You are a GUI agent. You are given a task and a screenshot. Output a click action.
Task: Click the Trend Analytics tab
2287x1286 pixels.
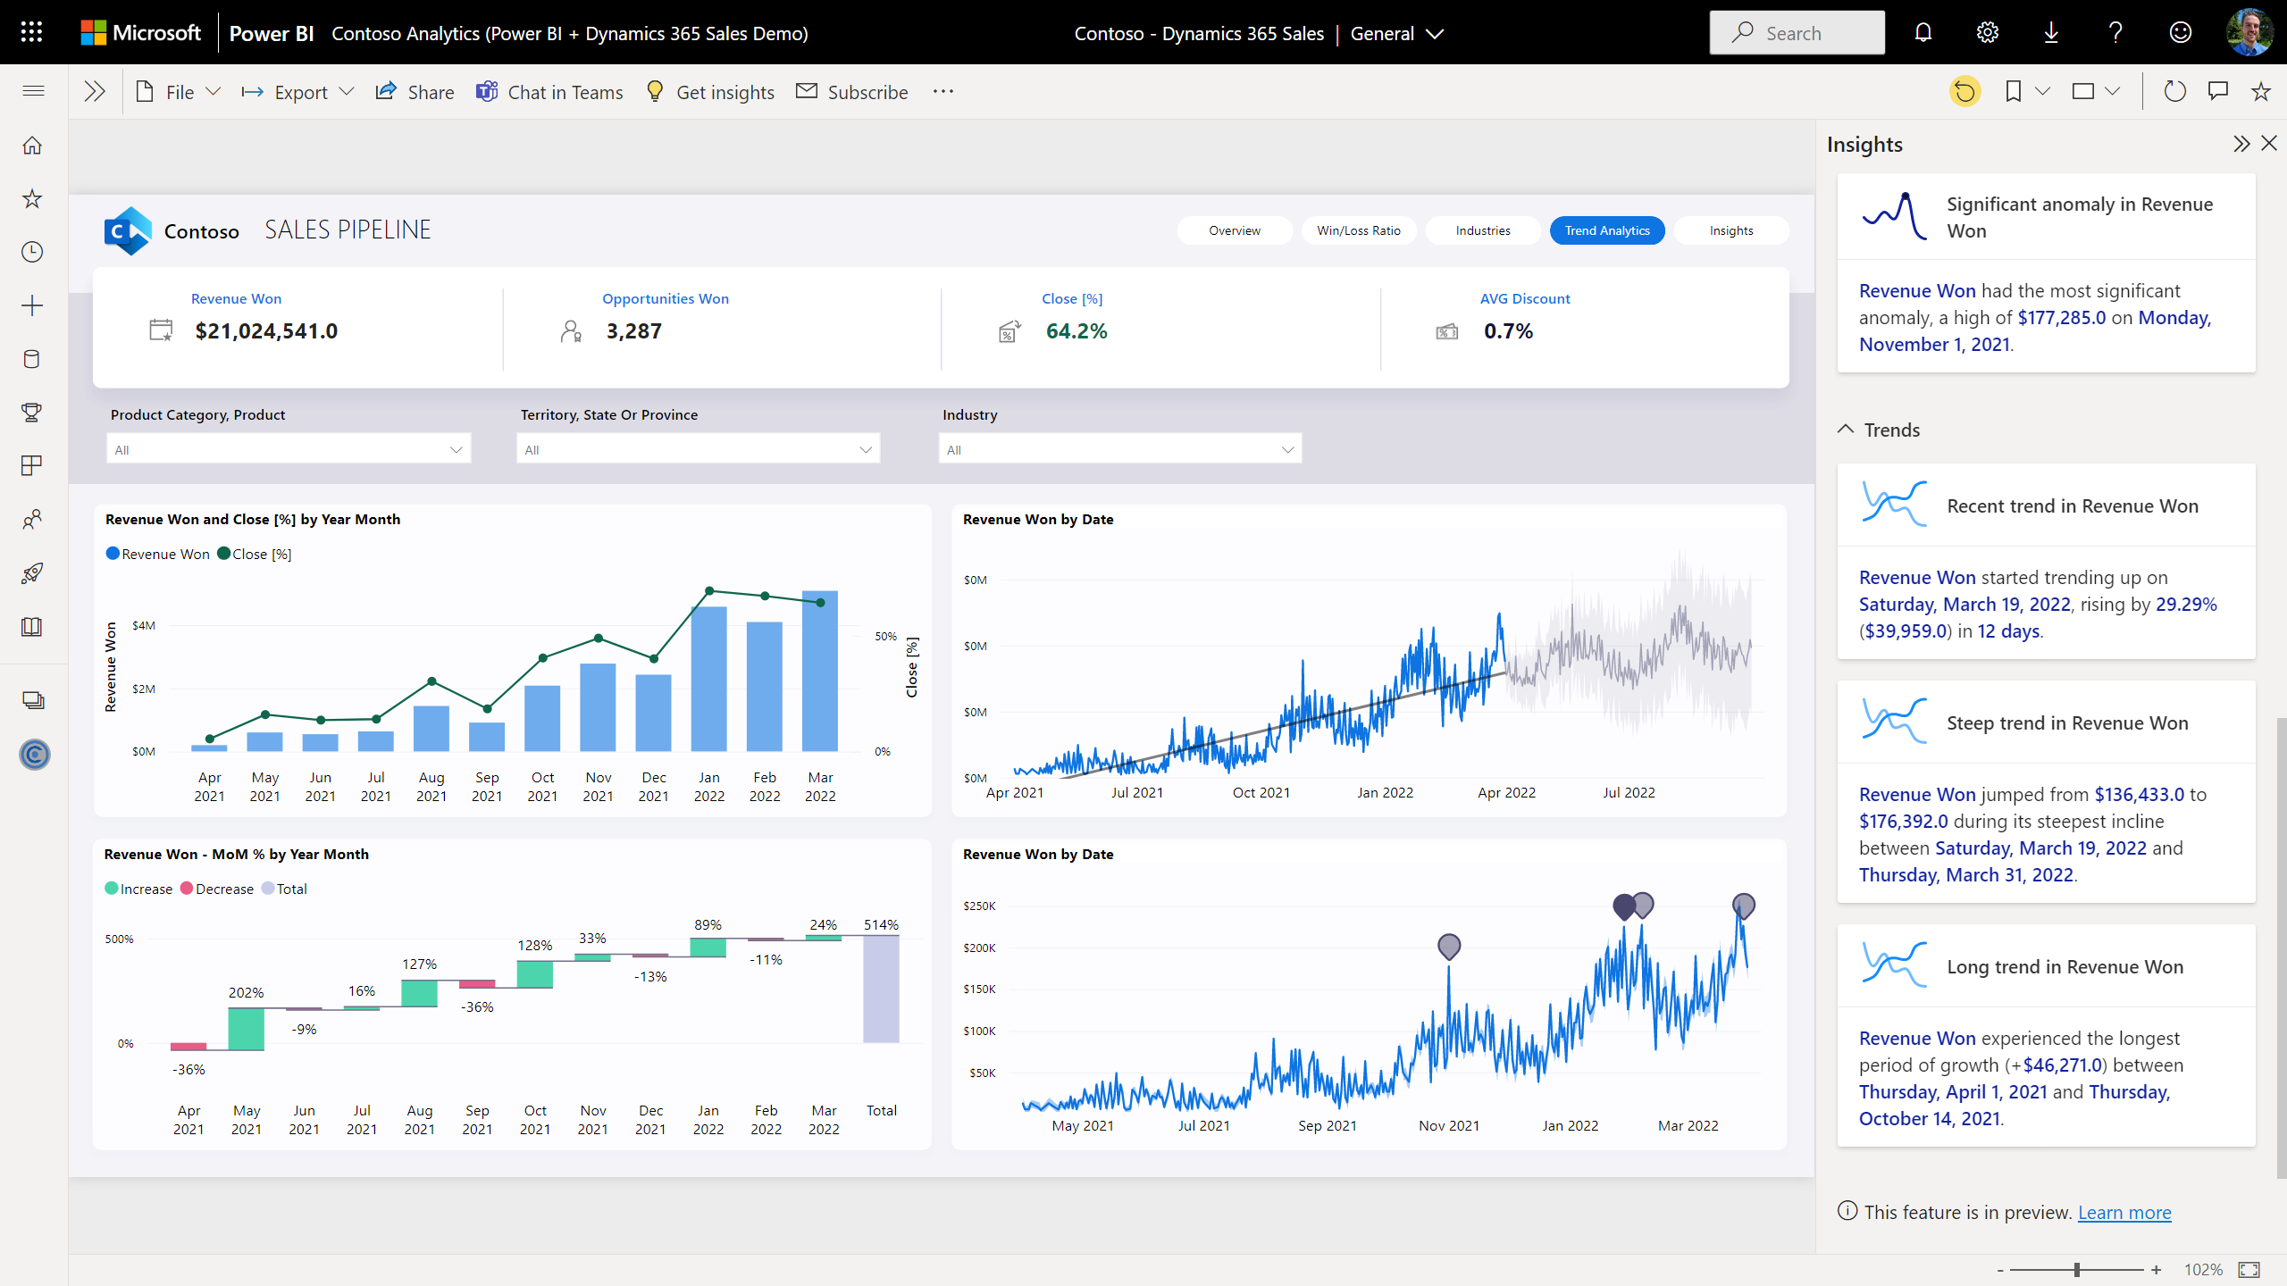pos(1606,230)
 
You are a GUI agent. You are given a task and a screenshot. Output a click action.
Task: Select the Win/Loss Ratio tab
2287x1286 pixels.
pos(1358,230)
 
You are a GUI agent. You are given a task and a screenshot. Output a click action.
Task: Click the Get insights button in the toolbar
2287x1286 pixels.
pos(710,92)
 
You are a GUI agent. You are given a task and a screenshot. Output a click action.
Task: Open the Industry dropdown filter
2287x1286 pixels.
pos(1119,449)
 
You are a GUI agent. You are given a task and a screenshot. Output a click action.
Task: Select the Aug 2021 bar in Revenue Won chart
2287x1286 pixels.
pos(431,728)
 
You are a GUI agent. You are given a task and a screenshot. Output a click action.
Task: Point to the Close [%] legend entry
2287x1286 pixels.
pos(255,555)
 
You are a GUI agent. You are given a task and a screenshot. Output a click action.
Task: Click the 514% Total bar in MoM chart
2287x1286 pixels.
pos(881,989)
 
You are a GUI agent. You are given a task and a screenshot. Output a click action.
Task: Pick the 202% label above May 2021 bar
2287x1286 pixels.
pos(246,993)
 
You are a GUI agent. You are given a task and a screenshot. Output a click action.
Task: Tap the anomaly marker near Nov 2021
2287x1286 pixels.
pos(1449,946)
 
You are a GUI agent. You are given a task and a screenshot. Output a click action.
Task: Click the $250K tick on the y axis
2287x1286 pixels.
pos(979,906)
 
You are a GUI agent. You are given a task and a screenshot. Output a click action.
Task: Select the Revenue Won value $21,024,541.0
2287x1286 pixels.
pos(266,331)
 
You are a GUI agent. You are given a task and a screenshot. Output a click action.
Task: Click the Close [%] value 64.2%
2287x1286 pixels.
pos(1076,331)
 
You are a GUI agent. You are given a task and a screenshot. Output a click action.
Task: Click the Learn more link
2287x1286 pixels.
pos(2124,1213)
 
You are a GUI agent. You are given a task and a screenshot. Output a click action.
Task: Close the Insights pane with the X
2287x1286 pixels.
pos(2268,144)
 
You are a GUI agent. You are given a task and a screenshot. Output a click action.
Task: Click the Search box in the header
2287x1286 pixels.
pos(1797,33)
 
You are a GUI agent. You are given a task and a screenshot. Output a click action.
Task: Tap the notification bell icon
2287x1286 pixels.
pos(1923,33)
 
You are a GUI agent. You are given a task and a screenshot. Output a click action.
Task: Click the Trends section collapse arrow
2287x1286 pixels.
pos(1846,430)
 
